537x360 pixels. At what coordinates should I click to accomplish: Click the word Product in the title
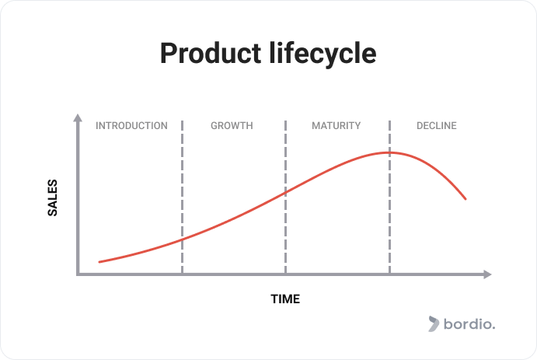point(211,53)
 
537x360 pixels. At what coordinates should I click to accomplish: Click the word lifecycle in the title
point(323,53)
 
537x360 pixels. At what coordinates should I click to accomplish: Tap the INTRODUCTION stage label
point(131,126)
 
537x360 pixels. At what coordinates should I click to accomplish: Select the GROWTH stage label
point(232,126)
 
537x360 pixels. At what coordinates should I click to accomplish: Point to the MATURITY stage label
point(336,126)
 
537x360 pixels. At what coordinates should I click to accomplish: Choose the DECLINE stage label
point(437,126)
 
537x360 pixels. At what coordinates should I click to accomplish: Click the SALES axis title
point(52,197)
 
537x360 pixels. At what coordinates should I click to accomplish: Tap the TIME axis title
point(285,299)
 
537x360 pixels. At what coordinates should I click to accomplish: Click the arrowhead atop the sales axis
point(78,117)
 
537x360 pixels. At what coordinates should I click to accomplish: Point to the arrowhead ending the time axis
point(488,274)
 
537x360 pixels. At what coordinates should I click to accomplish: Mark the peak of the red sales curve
point(390,152)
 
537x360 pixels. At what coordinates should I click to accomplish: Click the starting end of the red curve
point(99,262)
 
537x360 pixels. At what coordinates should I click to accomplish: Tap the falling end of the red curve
point(466,199)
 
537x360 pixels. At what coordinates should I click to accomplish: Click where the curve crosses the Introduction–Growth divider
point(182,239)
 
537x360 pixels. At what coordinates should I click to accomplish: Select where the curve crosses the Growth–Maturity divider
point(286,193)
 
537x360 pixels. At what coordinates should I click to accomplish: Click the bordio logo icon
point(434,324)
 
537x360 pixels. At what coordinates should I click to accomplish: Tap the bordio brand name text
point(469,324)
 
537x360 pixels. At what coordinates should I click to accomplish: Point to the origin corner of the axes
point(78,274)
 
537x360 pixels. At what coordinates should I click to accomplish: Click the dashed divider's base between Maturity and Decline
point(390,273)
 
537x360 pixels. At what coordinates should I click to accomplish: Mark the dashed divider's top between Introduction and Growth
point(182,121)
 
